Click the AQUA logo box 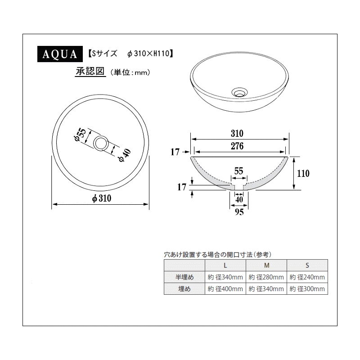pyautogui.click(x=60, y=54)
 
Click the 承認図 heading pyautogui.click(x=90, y=72)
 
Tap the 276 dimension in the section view pyautogui.click(x=237, y=146)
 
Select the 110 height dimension pyautogui.click(x=303, y=174)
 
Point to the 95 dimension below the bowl pyautogui.click(x=239, y=212)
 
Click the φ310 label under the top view pyautogui.click(x=102, y=198)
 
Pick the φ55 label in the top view pyautogui.click(x=81, y=135)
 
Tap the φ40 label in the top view pyautogui.click(x=125, y=155)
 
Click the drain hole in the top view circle pyautogui.click(x=101, y=143)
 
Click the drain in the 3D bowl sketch pyautogui.click(x=239, y=92)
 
